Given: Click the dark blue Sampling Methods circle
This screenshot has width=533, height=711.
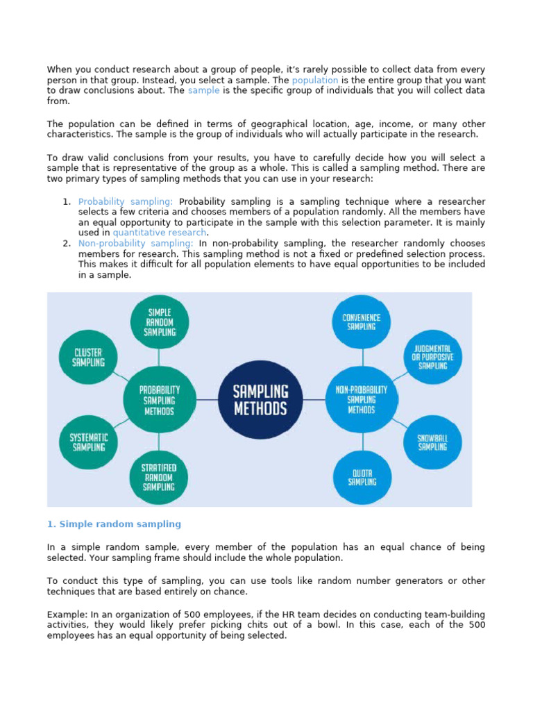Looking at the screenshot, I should click(x=260, y=399).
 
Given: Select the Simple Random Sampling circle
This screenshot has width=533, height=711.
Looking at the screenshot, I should click(x=159, y=322).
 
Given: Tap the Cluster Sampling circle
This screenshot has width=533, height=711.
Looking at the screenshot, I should click(x=90, y=357).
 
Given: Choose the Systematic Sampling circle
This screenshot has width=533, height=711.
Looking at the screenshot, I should click(x=87, y=442).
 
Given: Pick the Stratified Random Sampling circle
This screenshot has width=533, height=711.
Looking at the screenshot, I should click(x=159, y=477).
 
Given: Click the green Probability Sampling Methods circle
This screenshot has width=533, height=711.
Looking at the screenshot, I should click(x=159, y=400).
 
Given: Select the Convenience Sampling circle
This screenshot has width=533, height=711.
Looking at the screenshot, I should click(x=361, y=322).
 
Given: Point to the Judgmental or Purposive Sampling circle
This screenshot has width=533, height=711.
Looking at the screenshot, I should click(x=432, y=357).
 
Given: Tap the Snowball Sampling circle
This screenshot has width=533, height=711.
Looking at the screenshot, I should click(x=432, y=442).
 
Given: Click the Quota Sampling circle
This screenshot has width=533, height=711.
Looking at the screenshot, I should click(x=361, y=477).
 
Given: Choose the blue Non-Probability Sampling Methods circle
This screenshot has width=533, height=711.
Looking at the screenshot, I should click(x=361, y=400).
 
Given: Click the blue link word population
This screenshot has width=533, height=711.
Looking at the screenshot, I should click(x=316, y=80).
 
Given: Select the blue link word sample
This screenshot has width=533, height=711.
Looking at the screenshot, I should click(x=203, y=90).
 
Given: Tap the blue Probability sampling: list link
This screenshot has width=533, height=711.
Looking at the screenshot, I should click(x=126, y=201).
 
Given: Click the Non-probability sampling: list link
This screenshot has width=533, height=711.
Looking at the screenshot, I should click(x=135, y=243).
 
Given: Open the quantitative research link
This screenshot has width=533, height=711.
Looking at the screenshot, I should click(x=159, y=233).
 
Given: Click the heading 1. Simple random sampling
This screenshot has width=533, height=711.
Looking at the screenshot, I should click(x=114, y=524).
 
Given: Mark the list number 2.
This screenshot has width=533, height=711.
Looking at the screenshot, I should click(x=67, y=243).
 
